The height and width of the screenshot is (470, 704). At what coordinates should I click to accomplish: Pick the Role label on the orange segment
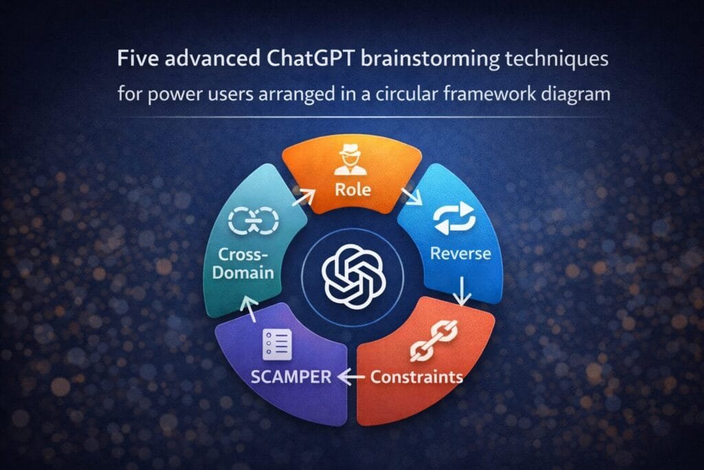352,190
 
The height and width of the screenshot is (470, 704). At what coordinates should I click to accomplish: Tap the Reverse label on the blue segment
460,253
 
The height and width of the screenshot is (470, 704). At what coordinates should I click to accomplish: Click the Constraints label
417,377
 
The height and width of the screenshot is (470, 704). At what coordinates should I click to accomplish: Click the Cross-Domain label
243,263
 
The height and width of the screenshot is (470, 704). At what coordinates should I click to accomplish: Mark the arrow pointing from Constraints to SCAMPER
353,376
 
